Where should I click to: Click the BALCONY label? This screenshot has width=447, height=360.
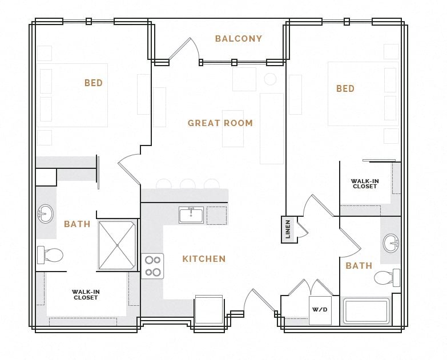(x=238, y=39)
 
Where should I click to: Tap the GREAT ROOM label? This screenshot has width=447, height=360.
(x=220, y=123)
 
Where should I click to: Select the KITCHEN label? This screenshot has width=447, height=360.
(x=204, y=259)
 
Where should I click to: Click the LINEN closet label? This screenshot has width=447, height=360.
(x=288, y=229)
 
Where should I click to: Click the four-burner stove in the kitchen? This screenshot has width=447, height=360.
(x=153, y=266)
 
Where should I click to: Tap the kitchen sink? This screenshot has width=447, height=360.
(x=191, y=215)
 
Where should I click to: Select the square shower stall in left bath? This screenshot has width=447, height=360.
(x=117, y=245)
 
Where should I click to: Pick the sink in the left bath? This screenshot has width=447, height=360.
(x=45, y=215)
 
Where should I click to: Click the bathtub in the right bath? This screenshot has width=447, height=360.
(x=366, y=312)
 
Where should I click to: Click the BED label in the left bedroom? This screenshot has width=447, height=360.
(x=94, y=83)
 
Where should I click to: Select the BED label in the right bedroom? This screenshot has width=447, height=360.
(x=345, y=88)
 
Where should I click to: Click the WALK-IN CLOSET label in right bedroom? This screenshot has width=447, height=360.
(x=365, y=183)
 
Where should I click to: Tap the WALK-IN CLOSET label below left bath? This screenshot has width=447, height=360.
(x=86, y=294)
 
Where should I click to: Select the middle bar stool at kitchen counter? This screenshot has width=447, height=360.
(x=187, y=184)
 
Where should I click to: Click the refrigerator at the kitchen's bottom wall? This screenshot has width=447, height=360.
(x=209, y=310)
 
